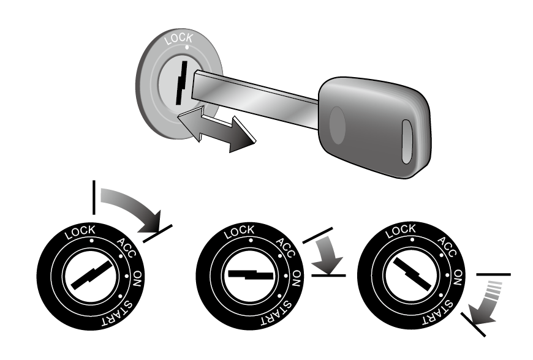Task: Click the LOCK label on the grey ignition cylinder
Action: coord(178,39)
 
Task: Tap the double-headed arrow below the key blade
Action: coord(216,129)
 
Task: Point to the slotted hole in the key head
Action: coord(407,141)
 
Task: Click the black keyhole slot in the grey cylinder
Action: coord(181,83)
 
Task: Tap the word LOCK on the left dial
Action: coord(80,232)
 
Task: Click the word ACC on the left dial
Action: coord(126,248)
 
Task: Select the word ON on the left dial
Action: coord(137,279)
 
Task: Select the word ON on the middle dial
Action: coord(297,279)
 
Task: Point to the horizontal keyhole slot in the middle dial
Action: coord(251,274)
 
